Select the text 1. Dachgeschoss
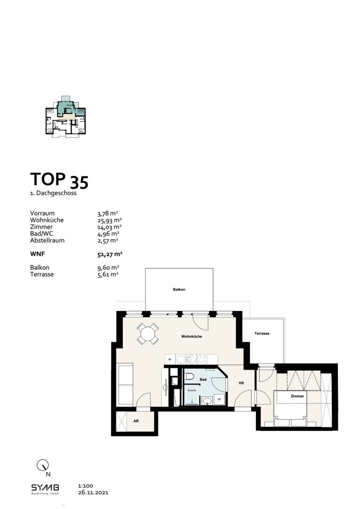53,193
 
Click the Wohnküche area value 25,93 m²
109,220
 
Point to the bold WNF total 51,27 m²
110,254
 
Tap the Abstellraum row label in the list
47,240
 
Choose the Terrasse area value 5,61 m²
107,274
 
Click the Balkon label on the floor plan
179,289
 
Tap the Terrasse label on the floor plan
262,333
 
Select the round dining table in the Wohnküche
148,335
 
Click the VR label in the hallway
241,384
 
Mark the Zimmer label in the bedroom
297,396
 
